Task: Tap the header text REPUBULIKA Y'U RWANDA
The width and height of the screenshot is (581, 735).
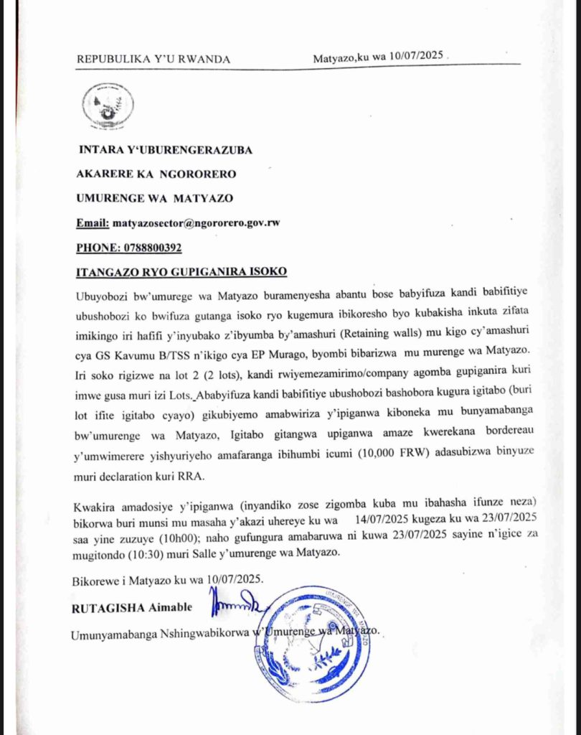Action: click(x=153, y=59)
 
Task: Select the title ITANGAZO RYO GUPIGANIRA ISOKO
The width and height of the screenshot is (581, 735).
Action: click(x=181, y=272)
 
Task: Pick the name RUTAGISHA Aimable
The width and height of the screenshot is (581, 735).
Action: click(x=132, y=608)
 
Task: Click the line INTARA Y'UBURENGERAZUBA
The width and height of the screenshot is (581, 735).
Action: click(x=165, y=149)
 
